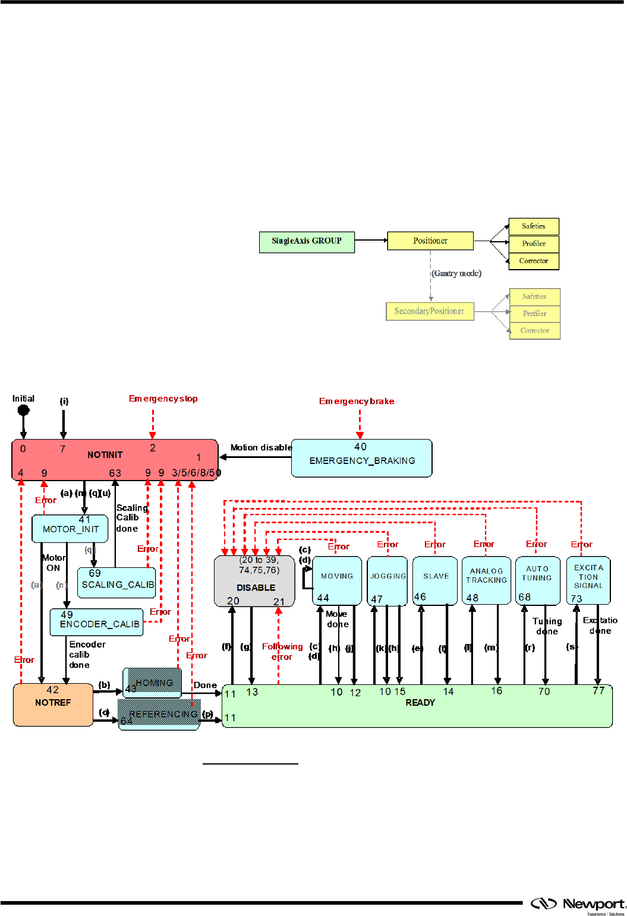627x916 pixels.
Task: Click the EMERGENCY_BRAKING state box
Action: [361, 458]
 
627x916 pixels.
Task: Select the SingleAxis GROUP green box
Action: [307, 241]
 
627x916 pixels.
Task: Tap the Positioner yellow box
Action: [430, 241]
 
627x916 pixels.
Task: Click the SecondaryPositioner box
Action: [430, 311]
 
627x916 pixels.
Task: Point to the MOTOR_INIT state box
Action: [70, 529]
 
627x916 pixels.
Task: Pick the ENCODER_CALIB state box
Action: [97, 622]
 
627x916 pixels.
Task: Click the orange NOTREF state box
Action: [53, 705]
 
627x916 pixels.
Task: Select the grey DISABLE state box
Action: [254, 581]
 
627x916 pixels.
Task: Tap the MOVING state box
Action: [337, 580]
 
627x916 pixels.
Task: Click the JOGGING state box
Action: [387, 580]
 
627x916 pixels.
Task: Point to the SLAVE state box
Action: [436, 580]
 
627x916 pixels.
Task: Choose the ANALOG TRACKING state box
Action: [486, 580]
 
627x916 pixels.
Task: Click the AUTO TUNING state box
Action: [537, 580]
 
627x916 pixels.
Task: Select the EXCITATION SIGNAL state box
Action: [588, 580]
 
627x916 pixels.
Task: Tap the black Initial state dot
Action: [24, 410]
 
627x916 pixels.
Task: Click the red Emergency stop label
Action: [163, 399]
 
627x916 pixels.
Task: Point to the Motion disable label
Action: [261, 447]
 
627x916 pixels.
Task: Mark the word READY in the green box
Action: [420, 703]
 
